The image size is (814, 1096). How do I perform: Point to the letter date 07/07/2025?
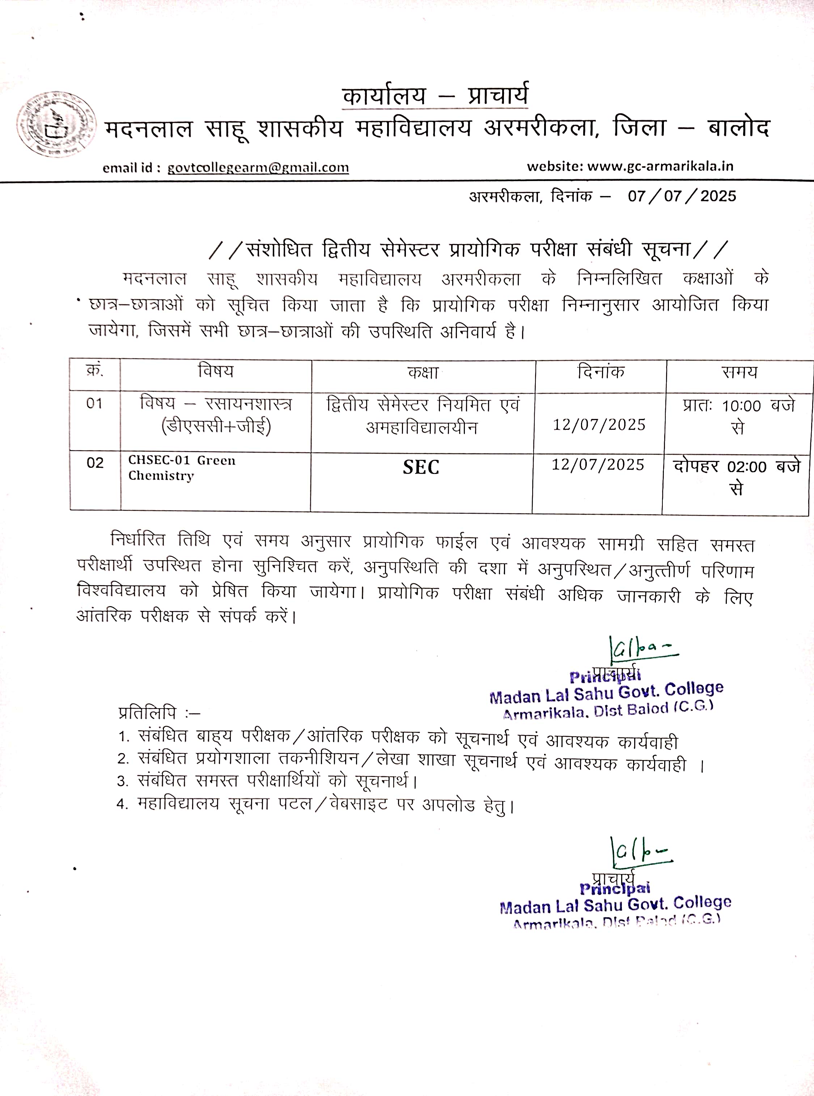682,196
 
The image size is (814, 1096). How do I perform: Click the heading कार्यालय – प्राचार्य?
435,96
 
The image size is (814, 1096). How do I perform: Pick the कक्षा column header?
423,373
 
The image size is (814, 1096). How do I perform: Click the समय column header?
739,372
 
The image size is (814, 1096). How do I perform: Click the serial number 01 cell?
94,404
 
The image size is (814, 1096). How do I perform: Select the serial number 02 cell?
95,463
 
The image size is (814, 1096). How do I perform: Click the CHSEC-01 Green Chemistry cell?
182,468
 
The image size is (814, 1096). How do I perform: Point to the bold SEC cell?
421,467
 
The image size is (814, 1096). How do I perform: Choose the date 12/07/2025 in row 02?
598,465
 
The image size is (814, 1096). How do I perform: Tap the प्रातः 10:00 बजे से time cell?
738,416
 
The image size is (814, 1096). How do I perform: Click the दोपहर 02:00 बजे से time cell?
737,477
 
